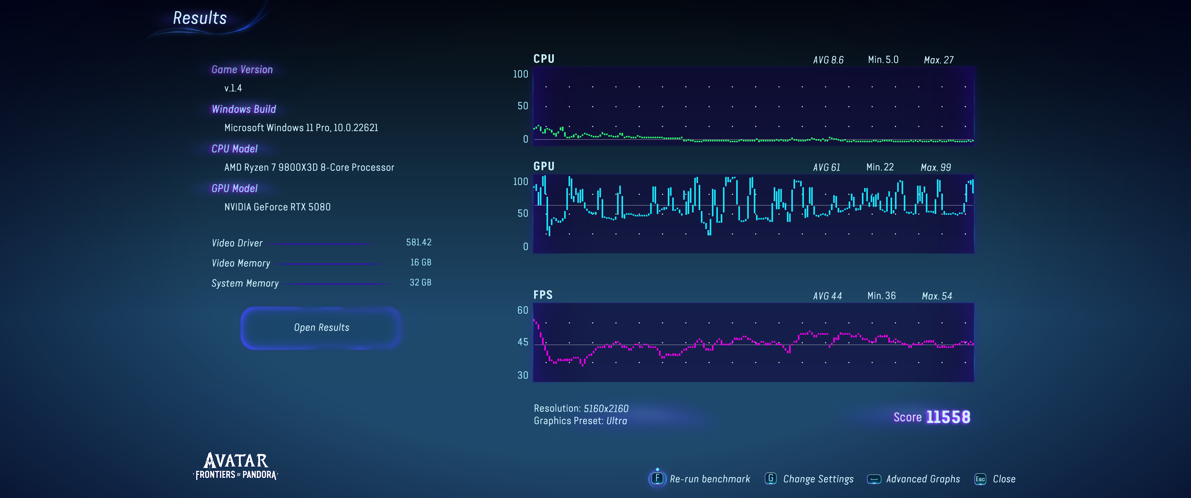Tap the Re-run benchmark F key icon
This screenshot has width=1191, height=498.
point(657,479)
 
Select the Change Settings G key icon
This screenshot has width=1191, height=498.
point(770,479)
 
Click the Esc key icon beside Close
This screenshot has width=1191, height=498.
point(980,479)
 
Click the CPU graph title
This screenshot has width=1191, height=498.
point(544,59)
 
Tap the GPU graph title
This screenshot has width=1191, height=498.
point(544,166)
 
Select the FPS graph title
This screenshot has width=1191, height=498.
point(543,295)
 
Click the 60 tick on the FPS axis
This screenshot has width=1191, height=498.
point(523,310)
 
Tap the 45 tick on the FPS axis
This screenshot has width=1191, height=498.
point(523,342)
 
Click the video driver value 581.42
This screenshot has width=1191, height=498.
point(418,243)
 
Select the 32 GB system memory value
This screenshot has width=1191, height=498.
point(420,282)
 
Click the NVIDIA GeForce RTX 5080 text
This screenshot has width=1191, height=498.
point(277,207)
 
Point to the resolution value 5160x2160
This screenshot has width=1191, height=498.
point(606,408)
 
